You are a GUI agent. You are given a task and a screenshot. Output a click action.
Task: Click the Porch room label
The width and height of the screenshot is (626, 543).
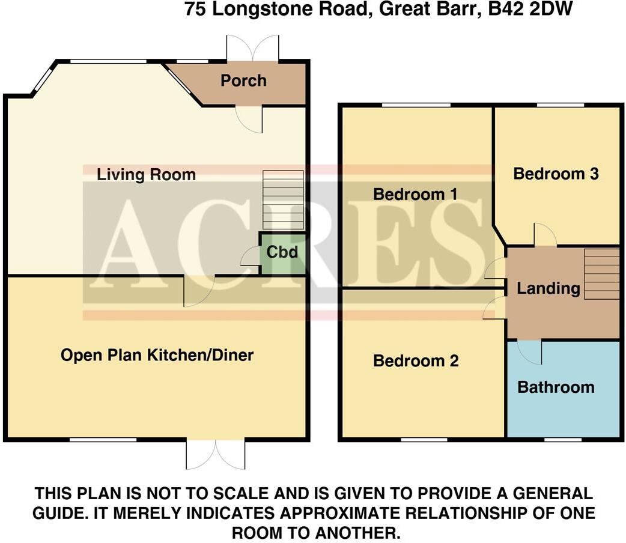point(243,80)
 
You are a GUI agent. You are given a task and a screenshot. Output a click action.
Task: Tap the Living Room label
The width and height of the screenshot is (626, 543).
point(146,175)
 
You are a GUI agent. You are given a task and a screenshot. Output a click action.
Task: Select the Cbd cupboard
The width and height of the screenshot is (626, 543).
point(282,252)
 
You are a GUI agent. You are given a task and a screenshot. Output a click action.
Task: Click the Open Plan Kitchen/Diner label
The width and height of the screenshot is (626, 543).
point(157,355)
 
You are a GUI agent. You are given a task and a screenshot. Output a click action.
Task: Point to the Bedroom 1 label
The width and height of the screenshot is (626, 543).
point(415,194)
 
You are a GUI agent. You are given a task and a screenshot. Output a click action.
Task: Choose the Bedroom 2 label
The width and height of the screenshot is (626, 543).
point(416,360)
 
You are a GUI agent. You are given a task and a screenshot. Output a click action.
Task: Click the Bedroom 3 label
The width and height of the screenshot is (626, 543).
point(556,174)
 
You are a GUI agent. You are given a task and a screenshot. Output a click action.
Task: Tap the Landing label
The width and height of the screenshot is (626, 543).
point(549,288)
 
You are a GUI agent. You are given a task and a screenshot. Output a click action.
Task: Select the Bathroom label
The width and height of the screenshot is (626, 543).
point(556,387)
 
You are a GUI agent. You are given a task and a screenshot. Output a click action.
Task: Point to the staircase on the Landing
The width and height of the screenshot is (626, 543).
point(601,273)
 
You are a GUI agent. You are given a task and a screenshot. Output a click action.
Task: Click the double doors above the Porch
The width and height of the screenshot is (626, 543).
point(252,48)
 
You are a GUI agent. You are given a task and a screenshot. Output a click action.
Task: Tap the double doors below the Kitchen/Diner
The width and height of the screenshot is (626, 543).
point(216,454)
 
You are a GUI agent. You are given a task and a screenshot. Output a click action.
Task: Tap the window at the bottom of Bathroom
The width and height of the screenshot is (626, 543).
point(563,440)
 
